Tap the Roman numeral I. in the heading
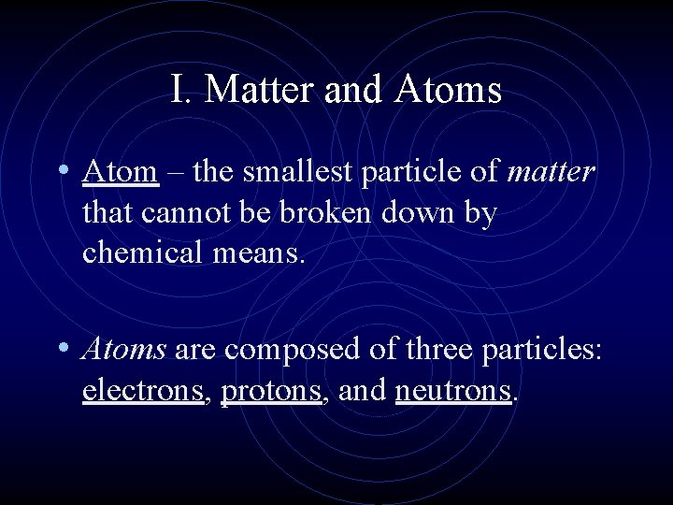click(181, 90)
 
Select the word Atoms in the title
click(449, 90)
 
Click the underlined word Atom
click(120, 172)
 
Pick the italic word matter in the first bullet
click(551, 172)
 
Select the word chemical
click(141, 252)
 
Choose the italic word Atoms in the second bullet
click(124, 349)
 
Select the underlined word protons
click(271, 391)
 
